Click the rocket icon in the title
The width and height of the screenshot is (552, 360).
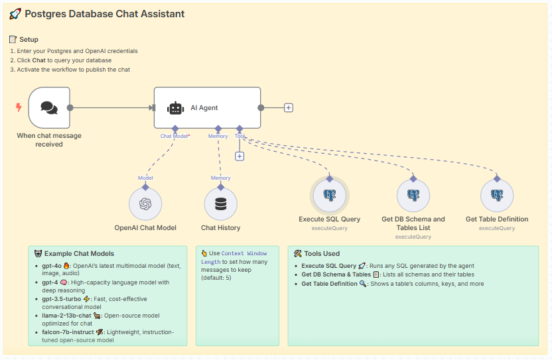click(x=15, y=14)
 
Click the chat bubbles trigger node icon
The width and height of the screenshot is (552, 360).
click(x=49, y=107)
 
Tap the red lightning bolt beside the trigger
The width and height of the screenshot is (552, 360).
click(x=19, y=107)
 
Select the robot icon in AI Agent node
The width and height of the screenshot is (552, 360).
click(x=175, y=108)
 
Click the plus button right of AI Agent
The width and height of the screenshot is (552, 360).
click(x=289, y=107)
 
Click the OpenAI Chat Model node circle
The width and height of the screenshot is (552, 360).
click(x=145, y=204)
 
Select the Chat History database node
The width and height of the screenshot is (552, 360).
click(x=221, y=204)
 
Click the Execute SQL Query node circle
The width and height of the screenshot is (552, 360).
click(x=330, y=195)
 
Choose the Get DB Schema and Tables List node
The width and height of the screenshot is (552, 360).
click(x=413, y=195)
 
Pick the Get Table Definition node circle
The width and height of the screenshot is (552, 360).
click(x=497, y=195)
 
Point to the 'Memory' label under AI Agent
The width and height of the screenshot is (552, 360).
click(x=218, y=136)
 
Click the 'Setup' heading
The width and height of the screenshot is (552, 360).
click(x=29, y=40)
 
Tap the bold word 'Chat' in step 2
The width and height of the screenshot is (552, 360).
click(x=39, y=60)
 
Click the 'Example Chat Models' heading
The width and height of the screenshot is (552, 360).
click(x=79, y=253)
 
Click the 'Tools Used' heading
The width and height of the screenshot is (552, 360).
click(x=322, y=253)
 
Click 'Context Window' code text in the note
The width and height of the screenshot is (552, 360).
click(x=244, y=253)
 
